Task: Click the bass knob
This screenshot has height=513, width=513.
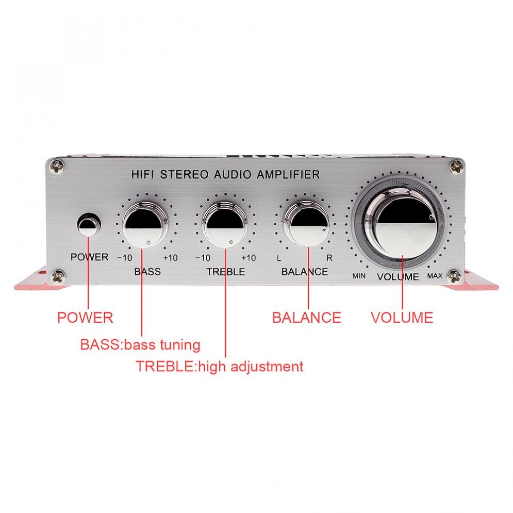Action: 145,224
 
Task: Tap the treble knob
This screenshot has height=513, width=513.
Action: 225,224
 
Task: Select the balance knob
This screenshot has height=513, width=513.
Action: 306,223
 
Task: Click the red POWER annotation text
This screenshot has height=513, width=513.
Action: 85,318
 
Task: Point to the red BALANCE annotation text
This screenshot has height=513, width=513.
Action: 307,318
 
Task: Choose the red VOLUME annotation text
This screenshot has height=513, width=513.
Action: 402,318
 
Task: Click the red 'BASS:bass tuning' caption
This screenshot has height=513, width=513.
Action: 140,345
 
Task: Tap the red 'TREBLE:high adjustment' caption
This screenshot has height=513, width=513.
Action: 220,367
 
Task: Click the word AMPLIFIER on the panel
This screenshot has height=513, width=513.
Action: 288,174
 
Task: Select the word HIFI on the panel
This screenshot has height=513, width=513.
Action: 142,174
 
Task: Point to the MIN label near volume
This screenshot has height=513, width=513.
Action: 359,276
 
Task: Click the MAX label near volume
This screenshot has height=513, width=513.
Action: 435,276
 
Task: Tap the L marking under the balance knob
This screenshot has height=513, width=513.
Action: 279,258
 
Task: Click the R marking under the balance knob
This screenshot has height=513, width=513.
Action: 329,258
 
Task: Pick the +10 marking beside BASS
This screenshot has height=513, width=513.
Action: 170,258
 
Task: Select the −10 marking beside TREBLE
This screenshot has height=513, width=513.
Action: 203,258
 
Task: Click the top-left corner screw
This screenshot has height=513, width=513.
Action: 57,168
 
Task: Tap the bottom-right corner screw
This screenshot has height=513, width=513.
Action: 455,277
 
